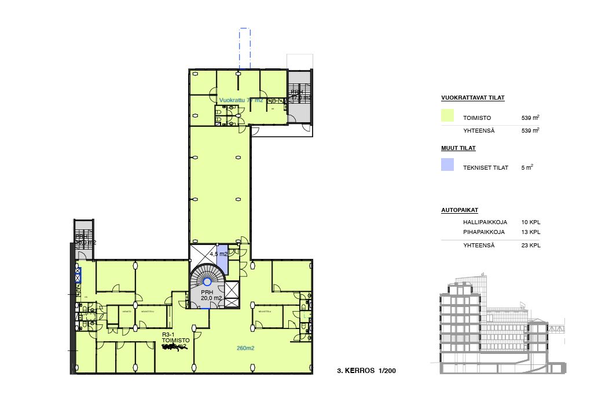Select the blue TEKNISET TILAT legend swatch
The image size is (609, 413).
coord(447,165)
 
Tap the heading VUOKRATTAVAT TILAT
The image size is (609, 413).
coord(472,98)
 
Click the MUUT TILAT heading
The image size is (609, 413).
coord(458,148)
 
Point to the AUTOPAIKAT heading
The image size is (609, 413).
coord(459,210)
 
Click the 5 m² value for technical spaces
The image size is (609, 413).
coord(527,167)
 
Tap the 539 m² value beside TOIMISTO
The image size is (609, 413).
coord(530,118)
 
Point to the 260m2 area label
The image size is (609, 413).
coord(245,349)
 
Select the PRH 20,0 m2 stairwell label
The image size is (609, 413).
coord(207,295)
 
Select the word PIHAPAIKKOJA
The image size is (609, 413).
coord(483,232)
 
